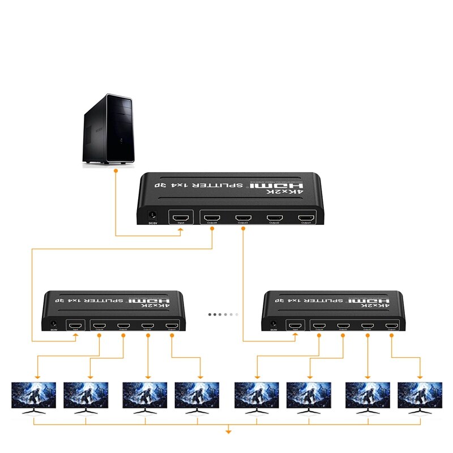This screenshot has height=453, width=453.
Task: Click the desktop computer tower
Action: [108, 130]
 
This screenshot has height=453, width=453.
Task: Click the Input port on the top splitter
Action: [181, 217]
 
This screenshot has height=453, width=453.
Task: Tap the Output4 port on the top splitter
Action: [212, 217]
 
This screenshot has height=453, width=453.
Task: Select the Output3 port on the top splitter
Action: [243, 217]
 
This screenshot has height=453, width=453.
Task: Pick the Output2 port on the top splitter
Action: [275, 217]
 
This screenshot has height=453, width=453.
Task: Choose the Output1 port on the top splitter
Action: [306, 217]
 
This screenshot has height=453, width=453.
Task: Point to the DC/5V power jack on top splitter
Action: [152, 215]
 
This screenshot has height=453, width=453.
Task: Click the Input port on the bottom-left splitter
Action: [75, 326]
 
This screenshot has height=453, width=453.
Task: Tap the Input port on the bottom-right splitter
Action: [294, 326]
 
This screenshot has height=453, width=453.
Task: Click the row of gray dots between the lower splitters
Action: [223, 314]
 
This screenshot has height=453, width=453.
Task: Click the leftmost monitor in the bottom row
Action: [34, 395]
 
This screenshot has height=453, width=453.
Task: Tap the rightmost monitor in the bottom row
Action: [420, 395]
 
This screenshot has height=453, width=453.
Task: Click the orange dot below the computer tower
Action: [116, 169]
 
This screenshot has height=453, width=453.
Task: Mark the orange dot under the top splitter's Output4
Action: [212, 229]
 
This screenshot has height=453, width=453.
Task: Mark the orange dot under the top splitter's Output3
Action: [243, 229]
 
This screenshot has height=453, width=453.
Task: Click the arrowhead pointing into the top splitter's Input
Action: [181, 231]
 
